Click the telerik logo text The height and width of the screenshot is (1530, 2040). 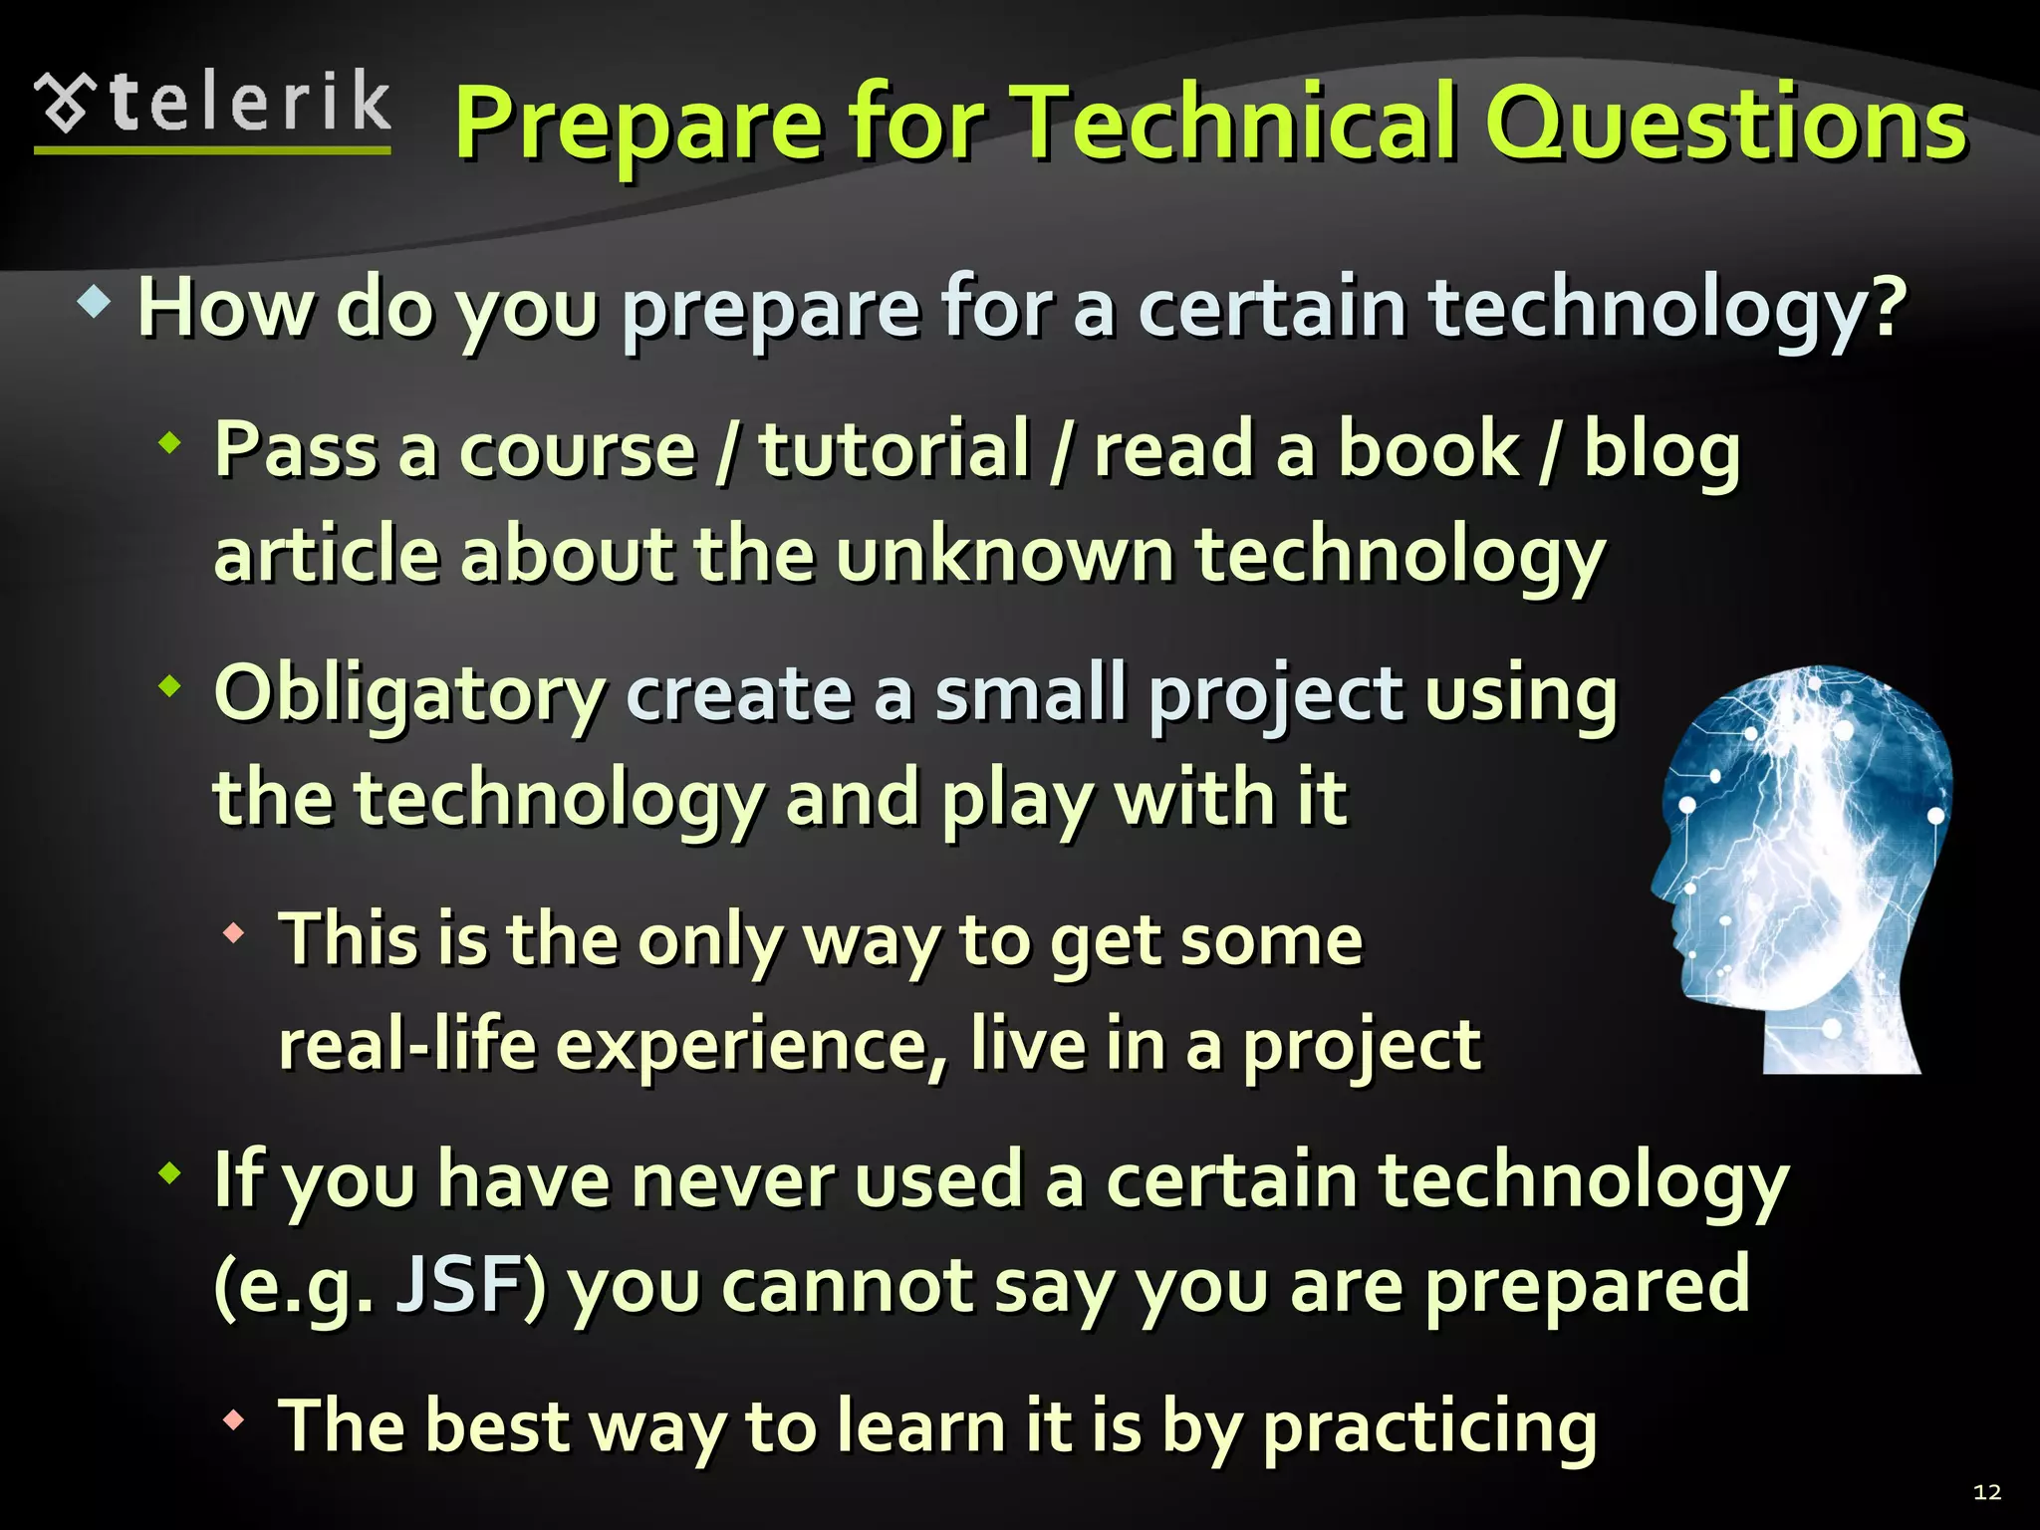pos(249,103)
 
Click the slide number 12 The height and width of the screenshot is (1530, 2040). pos(1986,1491)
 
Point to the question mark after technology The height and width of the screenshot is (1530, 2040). pos(1885,307)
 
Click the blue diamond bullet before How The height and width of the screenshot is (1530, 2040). pos(94,303)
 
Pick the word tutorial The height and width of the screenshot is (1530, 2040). pos(893,450)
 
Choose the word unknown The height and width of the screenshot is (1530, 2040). pos(1005,555)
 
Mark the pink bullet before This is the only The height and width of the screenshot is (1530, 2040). pos(234,934)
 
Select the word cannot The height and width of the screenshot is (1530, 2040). pos(846,1285)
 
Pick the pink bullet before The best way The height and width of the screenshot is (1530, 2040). pos(234,1420)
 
